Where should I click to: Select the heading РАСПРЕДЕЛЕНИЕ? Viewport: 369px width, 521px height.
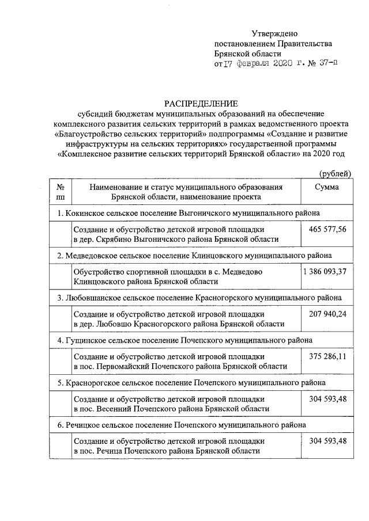click(201, 103)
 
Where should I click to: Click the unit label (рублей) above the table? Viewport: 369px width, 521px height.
click(334, 174)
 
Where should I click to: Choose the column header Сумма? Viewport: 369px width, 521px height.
click(326, 187)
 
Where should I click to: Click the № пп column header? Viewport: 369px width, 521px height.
click(60, 192)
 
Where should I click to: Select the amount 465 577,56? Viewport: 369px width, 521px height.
click(326, 230)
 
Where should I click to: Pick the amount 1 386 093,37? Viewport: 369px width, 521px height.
click(325, 272)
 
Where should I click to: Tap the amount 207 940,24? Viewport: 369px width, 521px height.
click(326, 314)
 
